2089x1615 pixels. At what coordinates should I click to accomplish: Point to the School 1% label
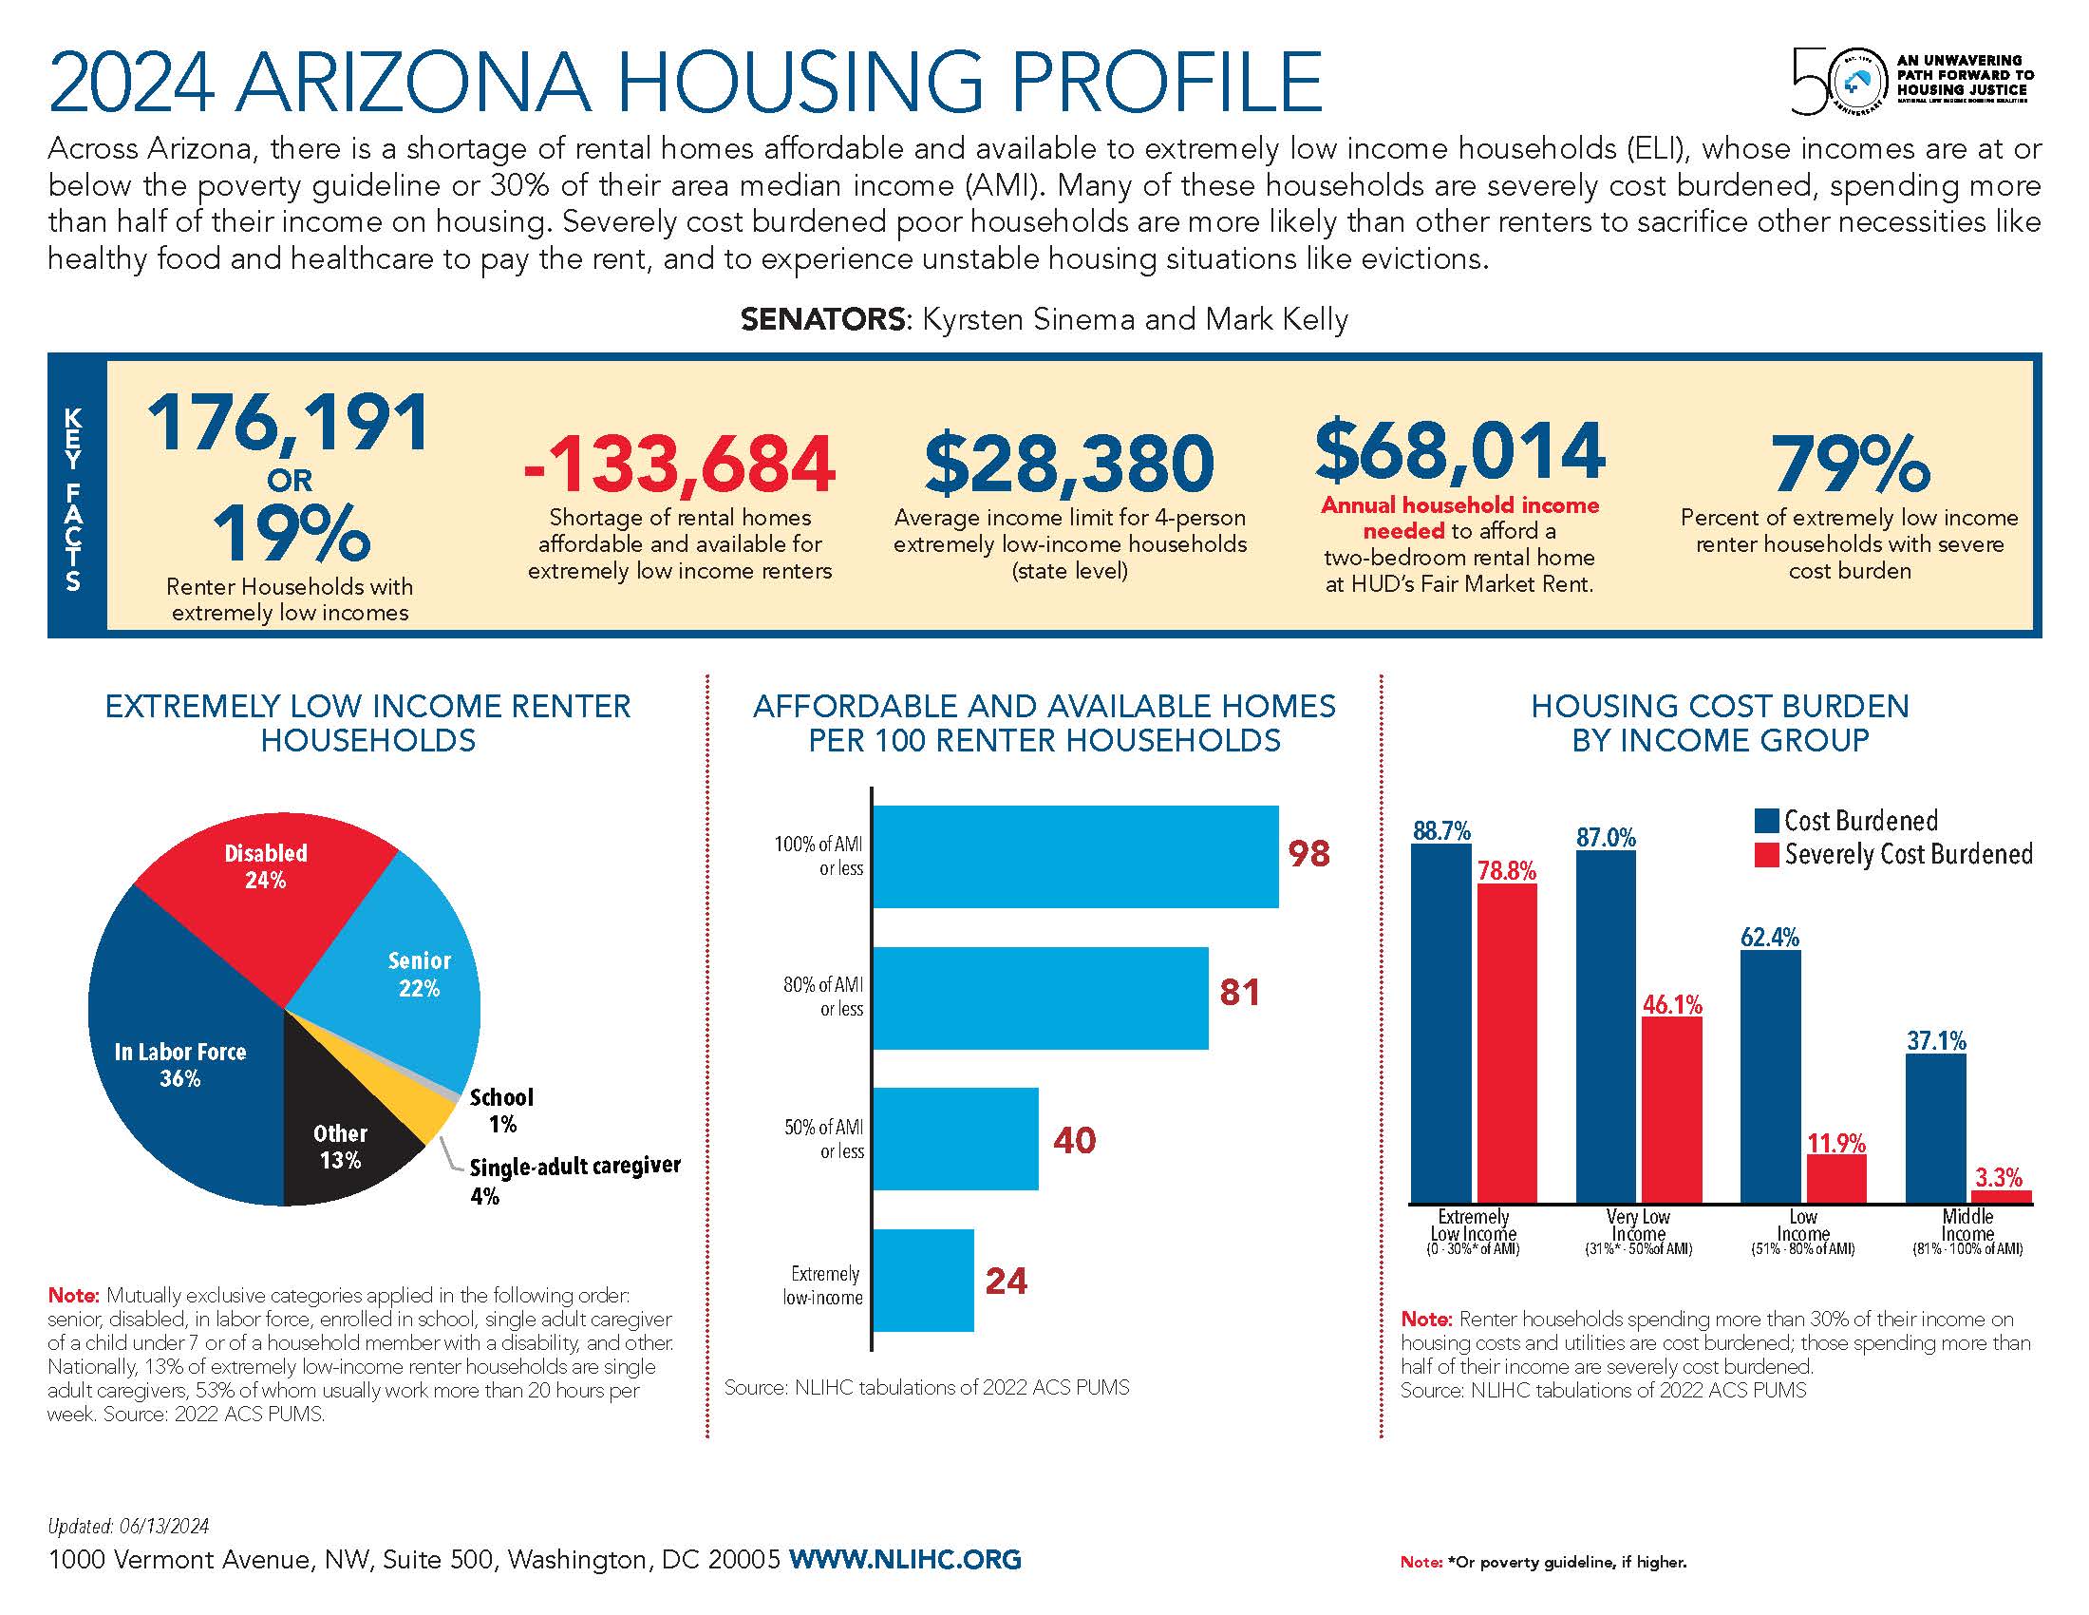501,1111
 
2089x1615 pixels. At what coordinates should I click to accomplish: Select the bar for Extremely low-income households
923,1281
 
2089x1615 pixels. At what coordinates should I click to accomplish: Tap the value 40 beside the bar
1074,1139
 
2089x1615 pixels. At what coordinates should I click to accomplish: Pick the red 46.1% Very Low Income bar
1672,1110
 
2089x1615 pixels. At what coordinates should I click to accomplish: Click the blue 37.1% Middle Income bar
1936,1129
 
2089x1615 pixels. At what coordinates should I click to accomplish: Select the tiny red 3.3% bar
2002,1196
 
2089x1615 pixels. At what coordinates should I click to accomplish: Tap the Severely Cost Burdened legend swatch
1766,854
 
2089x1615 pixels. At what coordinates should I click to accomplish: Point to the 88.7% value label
1441,830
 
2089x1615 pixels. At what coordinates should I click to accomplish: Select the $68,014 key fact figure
1459,450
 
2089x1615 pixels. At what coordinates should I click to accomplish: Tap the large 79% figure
1849,464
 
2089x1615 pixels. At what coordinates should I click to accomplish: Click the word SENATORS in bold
822,318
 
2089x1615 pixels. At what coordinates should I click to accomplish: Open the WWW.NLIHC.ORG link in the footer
905,1559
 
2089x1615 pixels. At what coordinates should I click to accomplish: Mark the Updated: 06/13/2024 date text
128,1526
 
